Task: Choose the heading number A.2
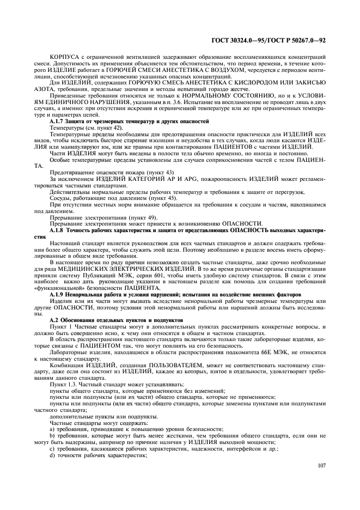click(54, 318)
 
